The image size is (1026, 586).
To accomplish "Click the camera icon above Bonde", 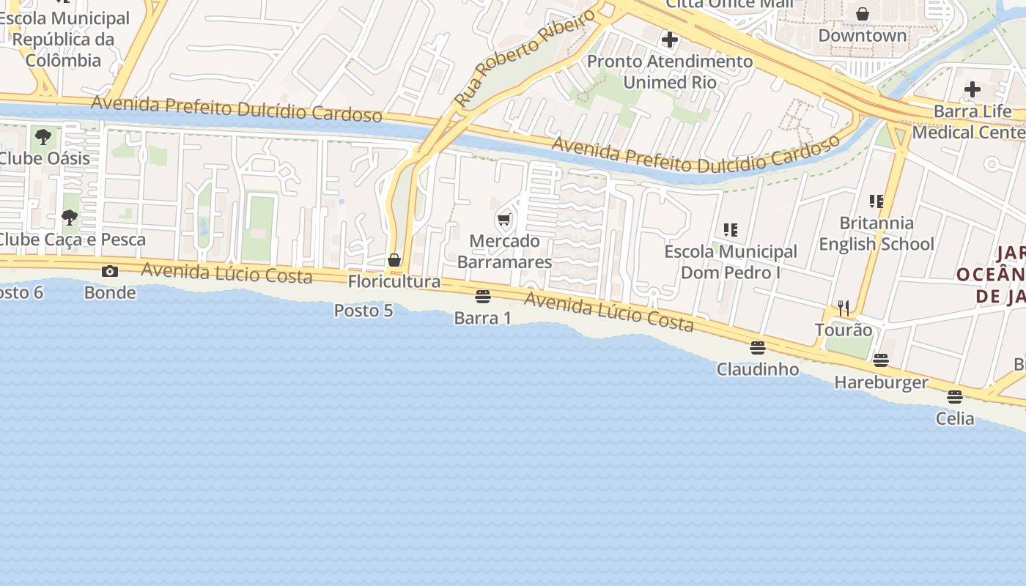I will pos(110,272).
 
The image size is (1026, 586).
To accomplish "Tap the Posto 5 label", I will pos(363,311).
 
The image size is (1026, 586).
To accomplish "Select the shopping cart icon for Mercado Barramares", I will pos(503,219).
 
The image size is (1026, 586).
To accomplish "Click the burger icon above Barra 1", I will pos(482,296).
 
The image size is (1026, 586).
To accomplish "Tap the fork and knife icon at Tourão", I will pos(844,308).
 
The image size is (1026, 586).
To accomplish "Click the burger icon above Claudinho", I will pos(758,347).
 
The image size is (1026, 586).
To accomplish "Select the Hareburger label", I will pos(881,382).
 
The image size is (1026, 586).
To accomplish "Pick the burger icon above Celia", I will pos(954,397).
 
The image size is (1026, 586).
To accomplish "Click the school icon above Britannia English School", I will pos(876,201).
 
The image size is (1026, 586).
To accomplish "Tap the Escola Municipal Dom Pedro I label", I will pos(731,262).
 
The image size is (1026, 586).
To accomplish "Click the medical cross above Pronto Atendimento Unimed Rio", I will pos(669,40).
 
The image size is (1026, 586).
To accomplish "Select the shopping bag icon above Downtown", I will pos(863,14).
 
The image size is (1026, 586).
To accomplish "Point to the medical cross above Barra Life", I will pos(972,90).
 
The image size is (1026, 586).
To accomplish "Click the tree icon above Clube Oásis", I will pos(43,136).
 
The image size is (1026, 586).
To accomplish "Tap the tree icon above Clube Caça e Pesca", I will pos(70,218).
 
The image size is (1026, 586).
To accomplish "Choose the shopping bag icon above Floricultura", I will pos(394,260).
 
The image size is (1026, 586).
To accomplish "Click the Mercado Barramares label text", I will pos(504,251).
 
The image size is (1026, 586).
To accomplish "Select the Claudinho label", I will pos(758,369).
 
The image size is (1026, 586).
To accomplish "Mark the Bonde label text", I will pos(110,293).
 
